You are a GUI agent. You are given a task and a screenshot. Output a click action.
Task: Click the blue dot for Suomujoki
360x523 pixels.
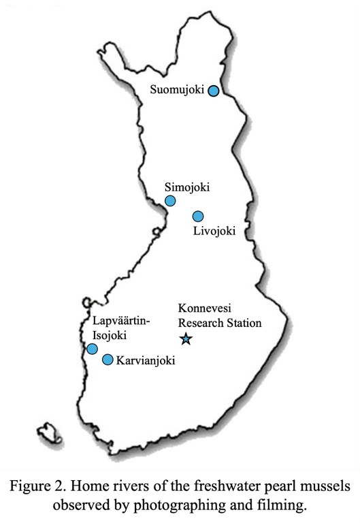click(x=214, y=91)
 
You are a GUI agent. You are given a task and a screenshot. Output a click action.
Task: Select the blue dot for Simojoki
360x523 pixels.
click(x=170, y=200)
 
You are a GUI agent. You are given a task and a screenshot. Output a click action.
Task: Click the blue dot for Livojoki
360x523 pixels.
click(x=198, y=217)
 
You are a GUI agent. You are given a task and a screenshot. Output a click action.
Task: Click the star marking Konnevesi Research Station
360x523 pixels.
click(x=185, y=338)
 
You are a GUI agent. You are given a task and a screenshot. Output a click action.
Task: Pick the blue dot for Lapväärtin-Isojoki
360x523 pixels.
click(x=93, y=349)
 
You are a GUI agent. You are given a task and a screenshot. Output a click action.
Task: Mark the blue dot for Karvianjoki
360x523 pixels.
click(x=108, y=359)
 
